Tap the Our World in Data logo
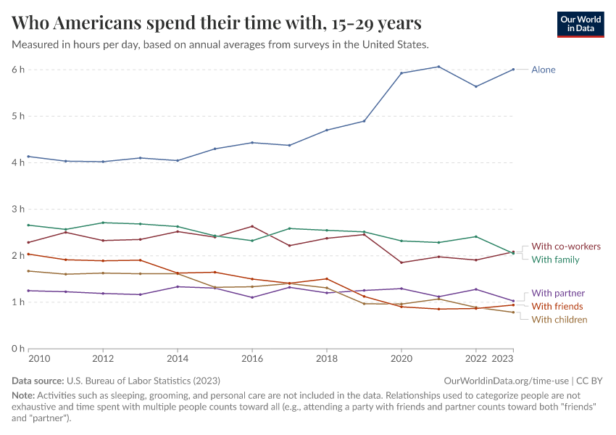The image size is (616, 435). click(x=580, y=23)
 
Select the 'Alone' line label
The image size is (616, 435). click(x=544, y=70)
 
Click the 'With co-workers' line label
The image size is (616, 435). click(x=566, y=246)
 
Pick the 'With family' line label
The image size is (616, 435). click(x=555, y=260)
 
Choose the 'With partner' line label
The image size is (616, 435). click(x=558, y=294)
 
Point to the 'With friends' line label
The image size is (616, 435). click(x=557, y=307)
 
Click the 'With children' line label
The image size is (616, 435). click(x=559, y=320)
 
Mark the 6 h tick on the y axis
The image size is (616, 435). click(x=18, y=70)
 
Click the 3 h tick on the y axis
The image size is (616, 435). click(x=18, y=209)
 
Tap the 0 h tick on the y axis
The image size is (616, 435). click(x=18, y=348)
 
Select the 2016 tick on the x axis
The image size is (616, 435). click(x=252, y=358)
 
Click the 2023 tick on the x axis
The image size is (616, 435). click(x=512, y=358)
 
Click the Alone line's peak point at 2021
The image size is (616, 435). click(x=438, y=67)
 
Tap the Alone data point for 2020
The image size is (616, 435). click(x=401, y=73)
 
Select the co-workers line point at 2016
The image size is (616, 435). click(x=252, y=226)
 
